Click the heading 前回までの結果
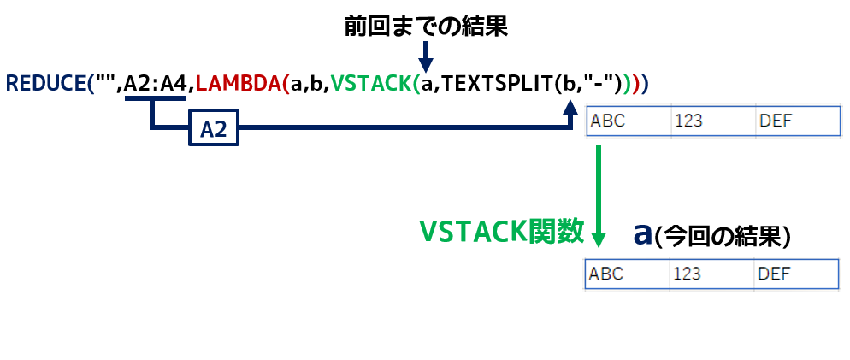(426, 25)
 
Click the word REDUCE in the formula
(45, 83)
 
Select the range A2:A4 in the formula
(156, 83)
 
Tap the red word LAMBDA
(238, 83)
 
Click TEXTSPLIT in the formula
(499, 83)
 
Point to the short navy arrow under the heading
(425, 56)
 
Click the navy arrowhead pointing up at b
(570, 106)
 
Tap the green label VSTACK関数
(501, 232)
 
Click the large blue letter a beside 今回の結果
(643, 233)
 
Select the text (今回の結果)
(723, 236)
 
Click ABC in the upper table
(608, 121)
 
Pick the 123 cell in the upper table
(688, 121)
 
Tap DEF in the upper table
(776, 121)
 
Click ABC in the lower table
(606, 274)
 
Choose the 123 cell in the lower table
(687, 274)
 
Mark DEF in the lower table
(774, 274)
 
